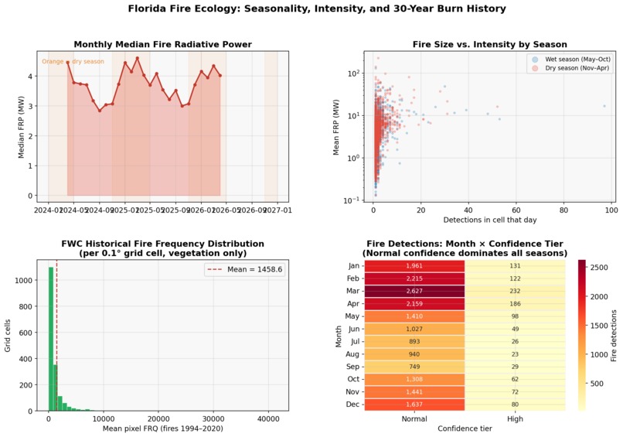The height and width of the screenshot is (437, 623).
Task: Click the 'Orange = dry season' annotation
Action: tap(73, 61)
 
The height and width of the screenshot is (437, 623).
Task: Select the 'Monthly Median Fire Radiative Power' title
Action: tap(162, 44)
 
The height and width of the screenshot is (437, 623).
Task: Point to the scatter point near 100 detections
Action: tap(604, 106)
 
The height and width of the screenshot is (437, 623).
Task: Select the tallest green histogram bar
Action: tap(51, 339)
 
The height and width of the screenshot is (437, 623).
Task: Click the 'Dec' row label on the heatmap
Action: tap(353, 404)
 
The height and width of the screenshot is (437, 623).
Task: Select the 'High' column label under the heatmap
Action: tap(515, 419)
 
